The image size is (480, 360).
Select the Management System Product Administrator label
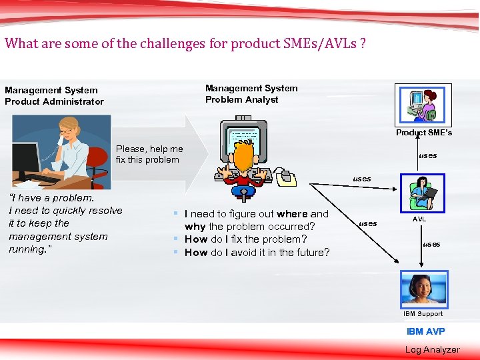pos(54,96)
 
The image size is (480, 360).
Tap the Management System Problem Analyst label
pos(251,94)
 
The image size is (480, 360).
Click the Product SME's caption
pos(423,133)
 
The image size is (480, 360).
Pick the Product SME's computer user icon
pos(423,104)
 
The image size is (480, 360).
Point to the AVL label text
pos(419,219)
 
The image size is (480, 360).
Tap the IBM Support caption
pos(423,313)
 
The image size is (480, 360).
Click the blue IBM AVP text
pos(425,331)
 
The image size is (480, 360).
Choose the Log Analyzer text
pos(432,349)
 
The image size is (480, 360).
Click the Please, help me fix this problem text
pos(149,154)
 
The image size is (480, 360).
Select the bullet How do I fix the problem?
pos(245,239)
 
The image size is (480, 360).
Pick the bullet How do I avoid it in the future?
pos(257,252)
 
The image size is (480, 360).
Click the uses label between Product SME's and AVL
pos(427,155)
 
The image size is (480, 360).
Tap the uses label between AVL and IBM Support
pos(431,244)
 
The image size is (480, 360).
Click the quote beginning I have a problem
pos(65,223)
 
